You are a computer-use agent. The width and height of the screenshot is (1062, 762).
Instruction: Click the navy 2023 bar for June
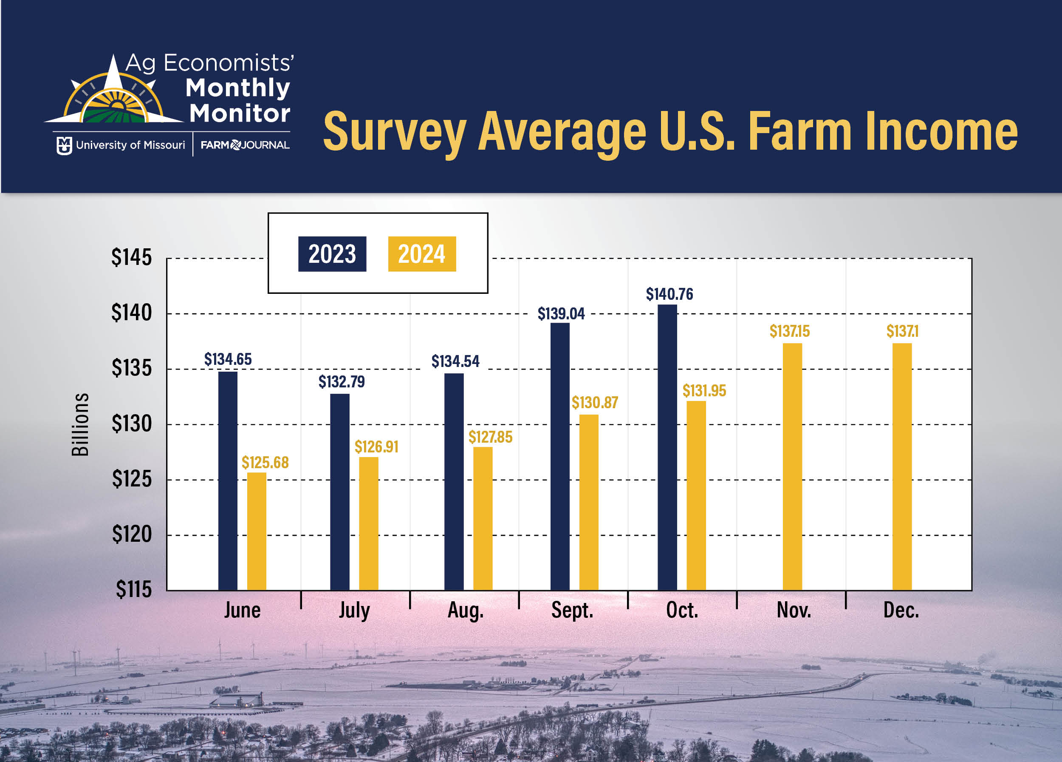coord(228,481)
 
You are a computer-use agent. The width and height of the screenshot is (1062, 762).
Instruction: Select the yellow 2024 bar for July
coord(369,523)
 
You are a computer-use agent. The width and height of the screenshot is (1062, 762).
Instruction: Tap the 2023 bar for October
coord(667,447)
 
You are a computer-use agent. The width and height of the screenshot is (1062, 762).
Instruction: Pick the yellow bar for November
coord(792,466)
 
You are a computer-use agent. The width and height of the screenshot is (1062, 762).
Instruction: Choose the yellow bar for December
coord(901,466)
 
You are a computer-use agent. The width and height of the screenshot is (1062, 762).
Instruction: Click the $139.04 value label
coord(561,313)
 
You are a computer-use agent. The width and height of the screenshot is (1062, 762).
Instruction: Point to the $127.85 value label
coord(490,437)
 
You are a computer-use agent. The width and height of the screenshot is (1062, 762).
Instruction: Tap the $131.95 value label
coord(704,390)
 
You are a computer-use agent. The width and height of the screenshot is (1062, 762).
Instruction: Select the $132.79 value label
coord(342,381)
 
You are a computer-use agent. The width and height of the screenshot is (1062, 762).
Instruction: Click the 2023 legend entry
coord(332,254)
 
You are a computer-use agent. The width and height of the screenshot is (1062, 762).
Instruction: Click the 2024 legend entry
coord(421,254)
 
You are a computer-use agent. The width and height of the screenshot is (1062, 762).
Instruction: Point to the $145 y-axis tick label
coord(132,257)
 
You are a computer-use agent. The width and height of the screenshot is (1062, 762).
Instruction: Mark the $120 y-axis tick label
coord(132,534)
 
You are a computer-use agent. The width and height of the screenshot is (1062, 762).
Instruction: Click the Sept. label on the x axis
coord(572,610)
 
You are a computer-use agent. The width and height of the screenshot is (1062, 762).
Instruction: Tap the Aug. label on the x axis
coord(466,610)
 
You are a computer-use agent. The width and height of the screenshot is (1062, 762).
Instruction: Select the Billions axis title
coord(80,424)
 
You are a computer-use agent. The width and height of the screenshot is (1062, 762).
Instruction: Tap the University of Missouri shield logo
coord(64,145)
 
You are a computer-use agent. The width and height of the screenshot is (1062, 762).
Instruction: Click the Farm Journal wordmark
coord(245,145)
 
